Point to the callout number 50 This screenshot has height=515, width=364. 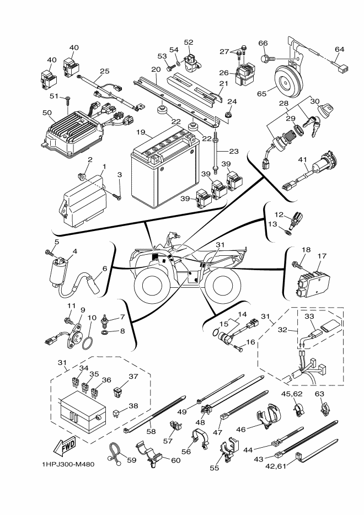click(47, 113)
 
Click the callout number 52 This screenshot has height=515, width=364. click(189, 42)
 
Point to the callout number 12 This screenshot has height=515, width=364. click(279, 214)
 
